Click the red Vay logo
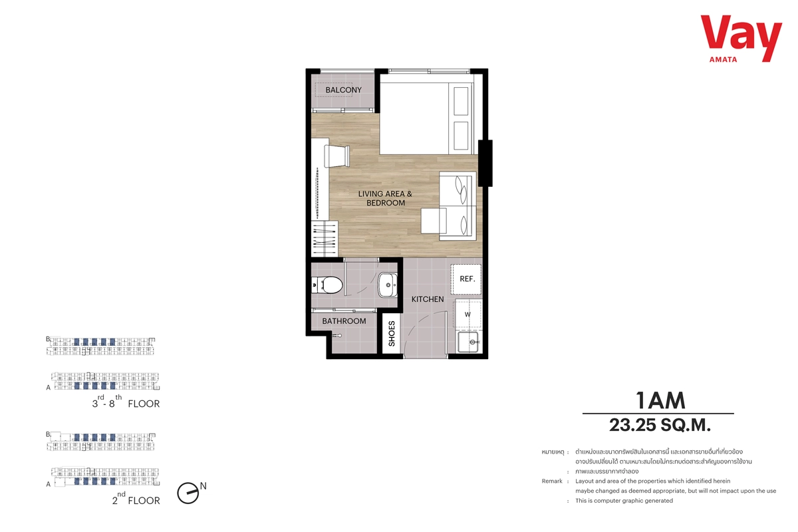[x=741, y=38]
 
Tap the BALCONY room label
[x=343, y=90]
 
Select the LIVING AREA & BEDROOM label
[x=386, y=198]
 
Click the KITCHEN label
[x=428, y=299]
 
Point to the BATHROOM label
[x=344, y=321]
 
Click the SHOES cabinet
[x=392, y=334]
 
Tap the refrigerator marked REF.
[x=466, y=279]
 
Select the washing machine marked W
[x=467, y=315]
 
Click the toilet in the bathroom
[x=327, y=285]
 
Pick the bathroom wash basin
[x=388, y=285]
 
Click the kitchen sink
[x=468, y=342]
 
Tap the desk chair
[x=336, y=156]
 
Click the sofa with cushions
[x=458, y=206]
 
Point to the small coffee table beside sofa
[x=434, y=221]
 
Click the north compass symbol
[x=189, y=493]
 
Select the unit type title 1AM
[x=660, y=400]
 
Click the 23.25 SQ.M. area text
[x=660, y=425]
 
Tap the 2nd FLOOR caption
[x=136, y=499]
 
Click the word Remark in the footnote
[x=552, y=481]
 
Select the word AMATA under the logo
[x=724, y=60]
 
